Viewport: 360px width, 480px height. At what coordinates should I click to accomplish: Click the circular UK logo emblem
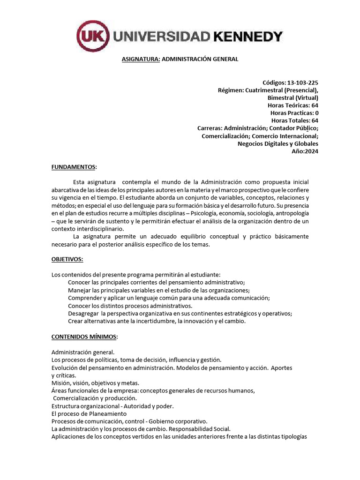(93, 36)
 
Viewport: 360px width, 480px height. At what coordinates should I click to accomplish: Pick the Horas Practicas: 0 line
(294, 113)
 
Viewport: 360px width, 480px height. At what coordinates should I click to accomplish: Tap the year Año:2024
(305, 151)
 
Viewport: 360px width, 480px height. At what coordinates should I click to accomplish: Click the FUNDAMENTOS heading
(74, 166)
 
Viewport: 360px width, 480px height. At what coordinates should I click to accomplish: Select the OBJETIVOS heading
(67, 259)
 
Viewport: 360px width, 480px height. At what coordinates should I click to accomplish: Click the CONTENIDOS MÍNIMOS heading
(84, 337)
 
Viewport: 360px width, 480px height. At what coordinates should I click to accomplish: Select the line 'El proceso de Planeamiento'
(89, 414)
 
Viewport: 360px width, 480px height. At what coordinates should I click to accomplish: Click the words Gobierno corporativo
(181, 421)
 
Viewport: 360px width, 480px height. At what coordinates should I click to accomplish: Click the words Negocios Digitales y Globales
(278, 143)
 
